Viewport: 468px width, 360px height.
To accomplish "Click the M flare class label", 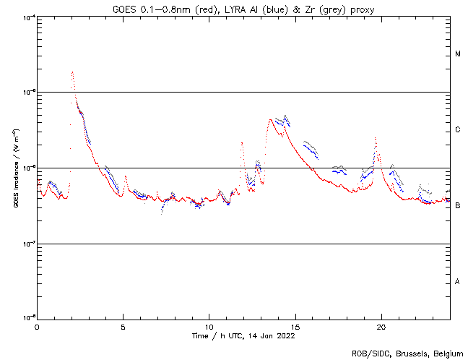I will [458, 54].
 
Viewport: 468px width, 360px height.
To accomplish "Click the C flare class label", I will [458, 130].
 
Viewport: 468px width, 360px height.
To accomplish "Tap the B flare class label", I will [458, 206].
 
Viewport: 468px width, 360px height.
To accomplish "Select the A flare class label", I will [458, 281].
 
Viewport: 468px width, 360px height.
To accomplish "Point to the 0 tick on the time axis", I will [37, 326].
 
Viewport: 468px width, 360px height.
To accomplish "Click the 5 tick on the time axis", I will [123, 326].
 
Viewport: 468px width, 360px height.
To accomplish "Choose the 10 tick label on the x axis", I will [209, 326].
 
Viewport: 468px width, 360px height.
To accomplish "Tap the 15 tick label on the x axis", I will [295, 326].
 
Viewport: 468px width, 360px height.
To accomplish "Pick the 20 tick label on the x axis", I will [381, 326].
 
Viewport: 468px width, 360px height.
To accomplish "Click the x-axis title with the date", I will [243, 335].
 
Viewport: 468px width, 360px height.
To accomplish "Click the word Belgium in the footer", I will [443, 353].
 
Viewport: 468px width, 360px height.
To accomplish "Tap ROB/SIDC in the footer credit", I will [368, 353].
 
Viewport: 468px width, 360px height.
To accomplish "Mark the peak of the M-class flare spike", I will [72, 72].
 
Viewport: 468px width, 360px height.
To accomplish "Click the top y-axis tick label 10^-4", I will [27, 17].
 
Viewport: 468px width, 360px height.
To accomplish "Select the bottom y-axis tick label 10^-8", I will [27, 319].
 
